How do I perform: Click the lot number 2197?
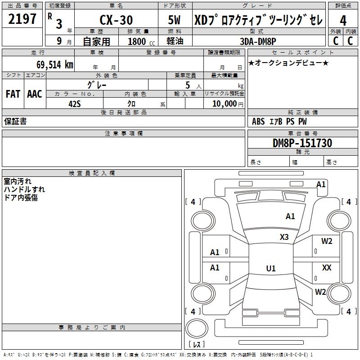(x=22, y=19)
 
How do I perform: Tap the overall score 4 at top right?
(x=343, y=20)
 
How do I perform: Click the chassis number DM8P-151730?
(x=302, y=143)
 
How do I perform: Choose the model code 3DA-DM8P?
(x=258, y=41)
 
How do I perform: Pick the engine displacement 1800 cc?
(x=139, y=41)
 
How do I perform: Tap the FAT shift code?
(x=13, y=94)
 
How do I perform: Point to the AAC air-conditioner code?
(x=35, y=94)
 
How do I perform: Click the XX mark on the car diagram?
(x=327, y=268)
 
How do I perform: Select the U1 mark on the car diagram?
(x=270, y=269)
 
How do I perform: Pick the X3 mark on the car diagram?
(x=284, y=237)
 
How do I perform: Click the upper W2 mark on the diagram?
(x=327, y=241)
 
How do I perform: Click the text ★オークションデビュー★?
(x=288, y=63)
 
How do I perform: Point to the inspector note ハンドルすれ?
(x=24, y=189)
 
